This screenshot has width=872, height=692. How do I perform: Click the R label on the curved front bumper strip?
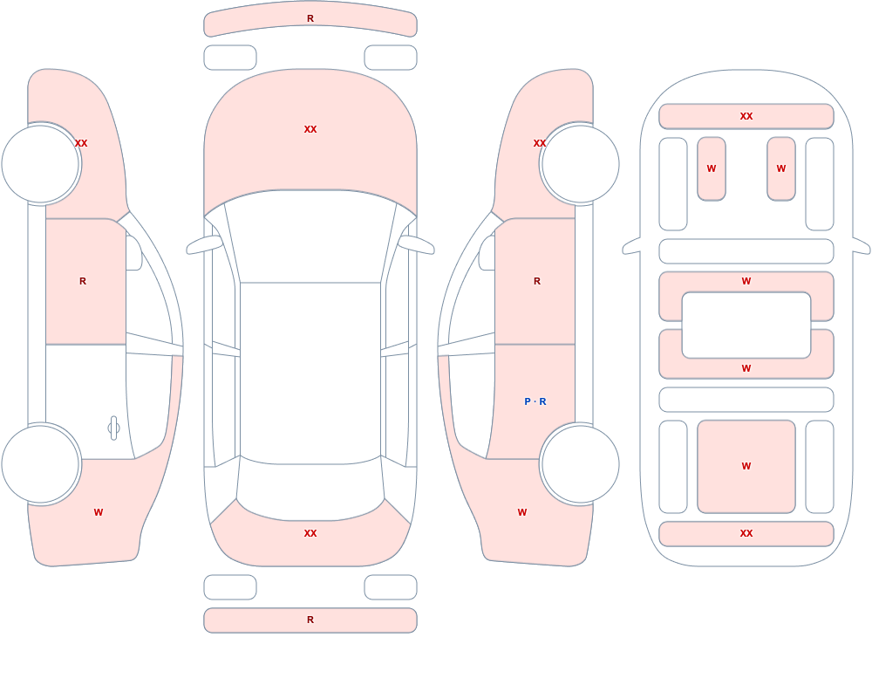click(x=310, y=18)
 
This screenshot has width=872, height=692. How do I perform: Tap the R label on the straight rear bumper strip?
click(x=310, y=620)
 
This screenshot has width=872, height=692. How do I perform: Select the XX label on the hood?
click(x=310, y=129)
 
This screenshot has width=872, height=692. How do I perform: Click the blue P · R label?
click(x=535, y=401)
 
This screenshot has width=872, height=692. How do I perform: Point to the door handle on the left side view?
click(x=113, y=428)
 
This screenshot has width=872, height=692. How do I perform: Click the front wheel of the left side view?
click(x=41, y=164)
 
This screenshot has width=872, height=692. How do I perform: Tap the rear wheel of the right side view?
click(x=580, y=463)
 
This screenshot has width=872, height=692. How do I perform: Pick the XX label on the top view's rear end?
click(x=310, y=533)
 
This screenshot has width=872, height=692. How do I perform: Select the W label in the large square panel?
click(x=746, y=466)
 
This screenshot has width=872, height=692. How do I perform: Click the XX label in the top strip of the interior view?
click(x=746, y=116)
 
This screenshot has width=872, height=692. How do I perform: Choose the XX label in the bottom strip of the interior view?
click(x=746, y=533)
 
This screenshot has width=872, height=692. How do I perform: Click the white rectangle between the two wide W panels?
click(x=746, y=325)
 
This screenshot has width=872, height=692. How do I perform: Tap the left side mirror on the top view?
click(x=203, y=245)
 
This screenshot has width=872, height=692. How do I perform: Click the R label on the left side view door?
click(x=83, y=281)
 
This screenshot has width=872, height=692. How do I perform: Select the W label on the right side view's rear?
click(x=522, y=512)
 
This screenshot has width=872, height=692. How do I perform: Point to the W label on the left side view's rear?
click(x=99, y=512)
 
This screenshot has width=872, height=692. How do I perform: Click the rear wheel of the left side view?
click(x=41, y=463)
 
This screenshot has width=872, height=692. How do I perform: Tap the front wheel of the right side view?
click(x=580, y=164)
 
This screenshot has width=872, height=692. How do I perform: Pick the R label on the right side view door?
click(x=537, y=281)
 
